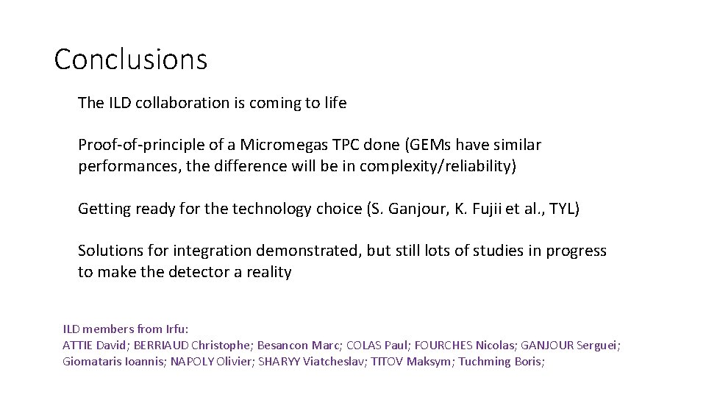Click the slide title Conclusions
point(131,60)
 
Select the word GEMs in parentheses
point(430,145)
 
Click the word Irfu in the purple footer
point(174,329)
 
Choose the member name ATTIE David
point(94,345)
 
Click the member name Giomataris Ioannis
point(114,361)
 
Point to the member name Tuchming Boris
point(500,361)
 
